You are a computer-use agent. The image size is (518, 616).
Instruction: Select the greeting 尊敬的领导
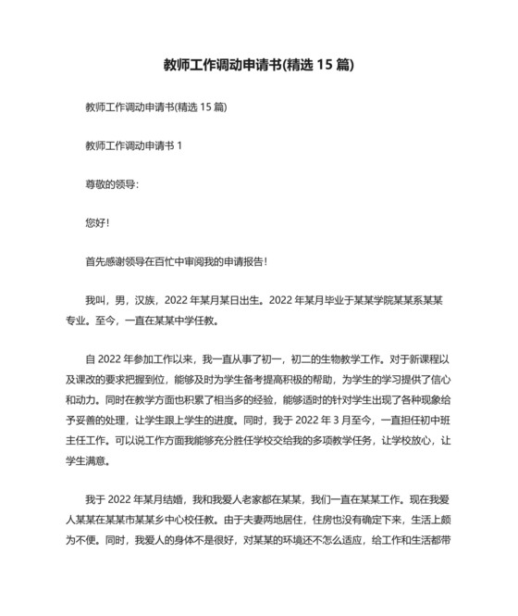(110, 184)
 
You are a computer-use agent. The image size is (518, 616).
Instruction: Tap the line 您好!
(97, 223)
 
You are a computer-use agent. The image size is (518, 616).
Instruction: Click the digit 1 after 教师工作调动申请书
(180, 146)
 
